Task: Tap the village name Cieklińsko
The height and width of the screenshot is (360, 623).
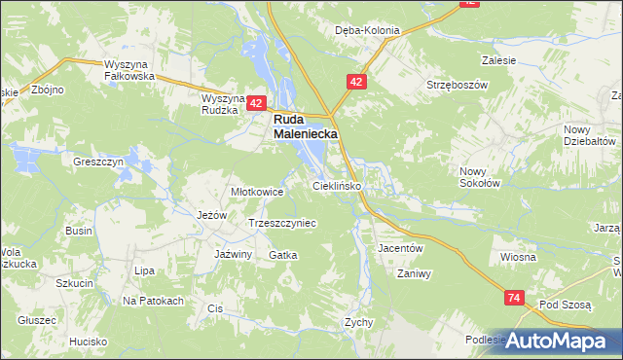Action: [x=337, y=184]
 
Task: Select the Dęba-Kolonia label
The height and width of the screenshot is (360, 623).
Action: [x=367, y=30]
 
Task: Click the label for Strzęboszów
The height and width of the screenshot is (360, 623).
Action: [x=456, y=85]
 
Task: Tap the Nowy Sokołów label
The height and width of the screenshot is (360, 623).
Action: [x=480, y=176]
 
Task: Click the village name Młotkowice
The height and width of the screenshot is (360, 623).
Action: [x=256, y=192]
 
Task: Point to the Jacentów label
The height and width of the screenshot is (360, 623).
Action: [x=400, y=248]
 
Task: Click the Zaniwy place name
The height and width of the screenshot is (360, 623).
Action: [x=414, y=273]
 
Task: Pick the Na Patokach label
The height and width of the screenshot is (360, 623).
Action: [x=154, y=301]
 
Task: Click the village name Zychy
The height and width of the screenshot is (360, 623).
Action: [x=360, y=321]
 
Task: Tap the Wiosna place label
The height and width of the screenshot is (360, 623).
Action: [x=519, y=257]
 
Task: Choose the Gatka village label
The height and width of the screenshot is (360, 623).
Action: [x=282, y=254]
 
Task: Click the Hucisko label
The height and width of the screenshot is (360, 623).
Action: [x=88, y=342]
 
